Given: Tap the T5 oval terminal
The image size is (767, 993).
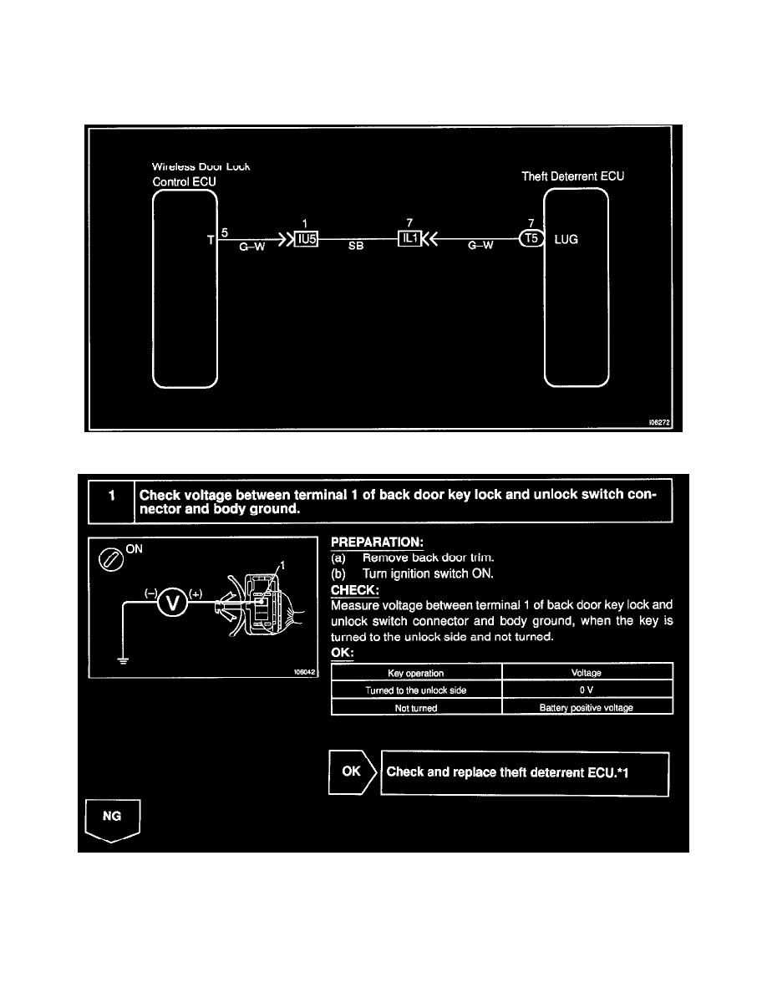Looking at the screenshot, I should [x=531, y=238].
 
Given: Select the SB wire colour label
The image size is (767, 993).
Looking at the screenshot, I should [x=354, y=248].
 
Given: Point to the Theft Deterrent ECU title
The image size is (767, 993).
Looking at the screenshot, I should [x=572, y=176].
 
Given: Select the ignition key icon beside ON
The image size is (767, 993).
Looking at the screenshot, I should [x=111, y=558].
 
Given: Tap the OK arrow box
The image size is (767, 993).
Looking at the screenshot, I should [x=352, y=772].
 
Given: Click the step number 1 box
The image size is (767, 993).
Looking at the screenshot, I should [x=110, y=503].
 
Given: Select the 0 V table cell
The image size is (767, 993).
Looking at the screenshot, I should [x=587, y=690].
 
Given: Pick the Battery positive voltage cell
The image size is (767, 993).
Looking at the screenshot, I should [x=587, y=707].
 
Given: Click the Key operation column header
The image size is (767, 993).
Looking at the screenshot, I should [x=416, y=673].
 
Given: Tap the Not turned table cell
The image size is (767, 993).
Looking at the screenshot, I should [x=416, y=707].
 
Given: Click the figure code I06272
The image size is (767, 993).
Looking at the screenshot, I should [x=658, y=424].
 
